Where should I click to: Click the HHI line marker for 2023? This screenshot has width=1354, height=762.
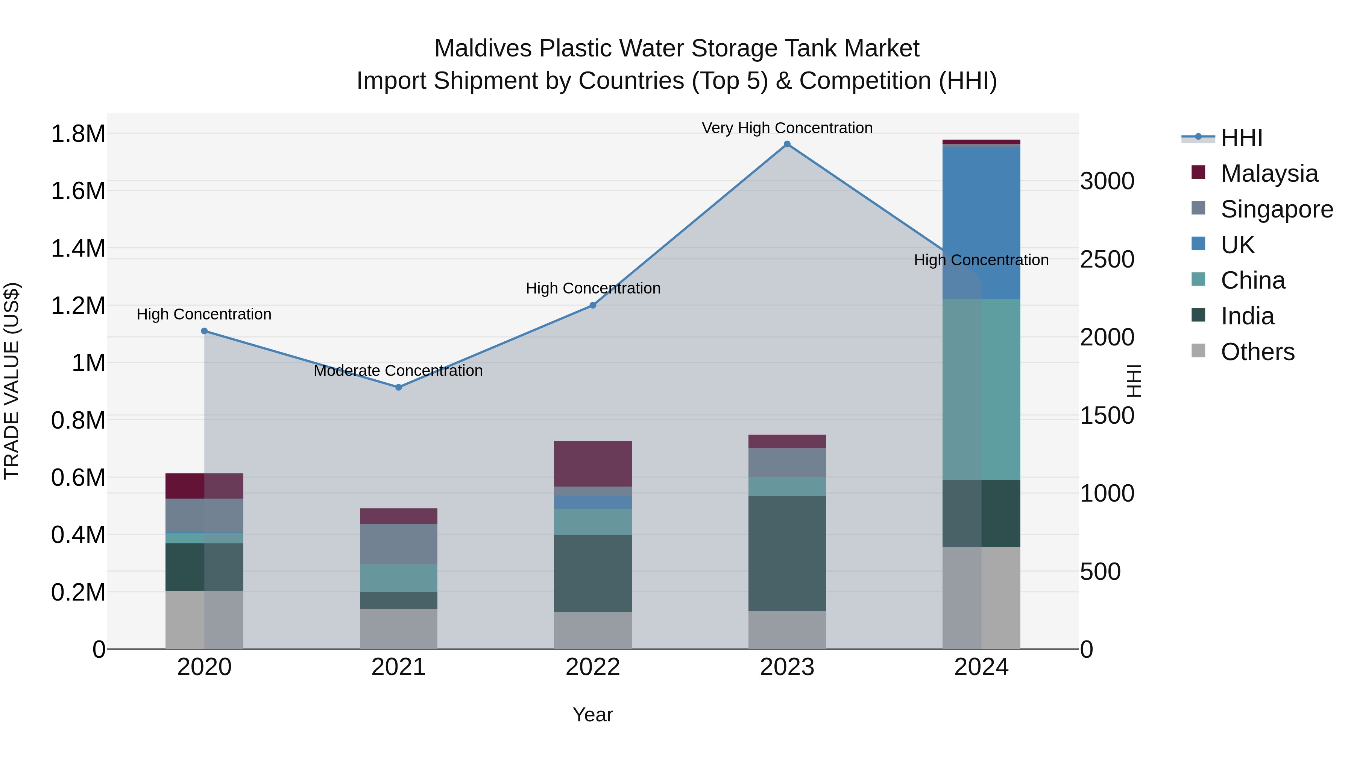pos(787,144)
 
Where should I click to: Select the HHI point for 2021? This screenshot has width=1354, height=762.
pos(398,387)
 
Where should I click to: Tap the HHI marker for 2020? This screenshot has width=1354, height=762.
pos(205,331)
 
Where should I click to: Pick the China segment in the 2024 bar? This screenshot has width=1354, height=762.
pos(981,389)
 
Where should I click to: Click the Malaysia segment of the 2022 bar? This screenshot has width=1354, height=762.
pos(593,463)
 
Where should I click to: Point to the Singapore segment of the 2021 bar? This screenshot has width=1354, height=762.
pos(398,544)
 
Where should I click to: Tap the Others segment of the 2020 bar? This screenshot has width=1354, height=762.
pos(205,619)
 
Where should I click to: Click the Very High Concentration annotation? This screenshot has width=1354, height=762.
pos(787,128)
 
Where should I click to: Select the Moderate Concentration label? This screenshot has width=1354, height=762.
pos(398,371)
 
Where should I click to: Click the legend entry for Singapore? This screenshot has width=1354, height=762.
pos(1276,209)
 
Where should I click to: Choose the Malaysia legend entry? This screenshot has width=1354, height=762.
pos(1269,173)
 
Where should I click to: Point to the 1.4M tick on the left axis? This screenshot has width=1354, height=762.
pos(78,248)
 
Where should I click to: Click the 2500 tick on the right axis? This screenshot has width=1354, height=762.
pos(1107,259)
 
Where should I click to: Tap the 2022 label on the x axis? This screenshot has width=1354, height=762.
pos(593,667)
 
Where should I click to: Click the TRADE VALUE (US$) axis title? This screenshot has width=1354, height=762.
pos(12,381)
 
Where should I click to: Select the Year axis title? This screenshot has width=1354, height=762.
pos(593,715)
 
